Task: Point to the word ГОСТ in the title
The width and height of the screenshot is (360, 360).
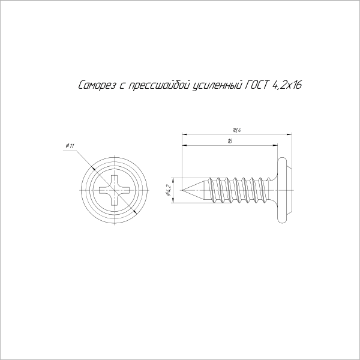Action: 257,85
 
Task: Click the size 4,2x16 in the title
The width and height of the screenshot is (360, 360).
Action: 287,85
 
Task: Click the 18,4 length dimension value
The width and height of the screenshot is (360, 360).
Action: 237,130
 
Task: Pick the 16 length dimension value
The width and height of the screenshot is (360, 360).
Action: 230,141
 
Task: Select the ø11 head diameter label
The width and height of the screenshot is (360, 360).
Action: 70,146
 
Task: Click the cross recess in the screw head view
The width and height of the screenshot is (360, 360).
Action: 115,190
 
